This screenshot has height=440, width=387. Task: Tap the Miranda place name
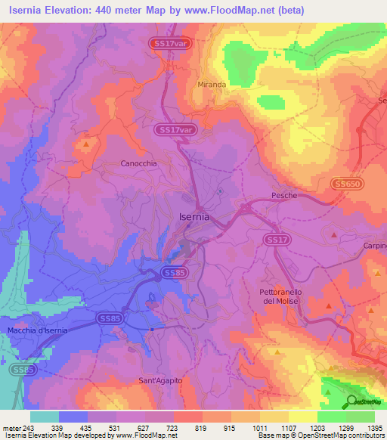point(212,85)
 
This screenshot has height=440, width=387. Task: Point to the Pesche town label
point(284,196)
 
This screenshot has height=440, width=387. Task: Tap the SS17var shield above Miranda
point(168,44)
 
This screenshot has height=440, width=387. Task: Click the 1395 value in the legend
point(374,426)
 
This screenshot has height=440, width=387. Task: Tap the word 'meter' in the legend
point(11,426)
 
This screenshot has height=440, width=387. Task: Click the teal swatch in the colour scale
point(45,416)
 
